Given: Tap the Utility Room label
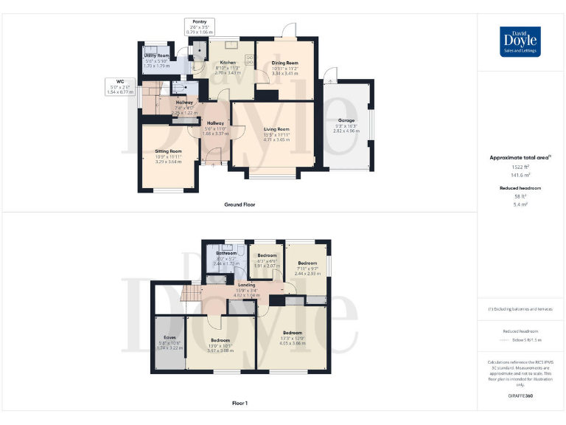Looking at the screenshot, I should tap(157, 55).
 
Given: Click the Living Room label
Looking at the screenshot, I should tap(276, 129).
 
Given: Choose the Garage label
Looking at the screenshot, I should tap(346, 120).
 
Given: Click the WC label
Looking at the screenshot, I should tap(119, 81).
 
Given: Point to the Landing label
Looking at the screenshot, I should tap(247, 284).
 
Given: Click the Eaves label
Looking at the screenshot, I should tap(170, 338).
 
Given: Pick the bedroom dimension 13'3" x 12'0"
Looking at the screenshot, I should tap(293, 337).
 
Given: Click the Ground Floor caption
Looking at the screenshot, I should tap(240, 204).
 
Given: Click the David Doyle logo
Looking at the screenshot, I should tap(520, 41).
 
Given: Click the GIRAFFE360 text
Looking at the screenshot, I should tap(520, 397).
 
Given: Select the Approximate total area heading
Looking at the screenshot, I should tap(519, 158).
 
